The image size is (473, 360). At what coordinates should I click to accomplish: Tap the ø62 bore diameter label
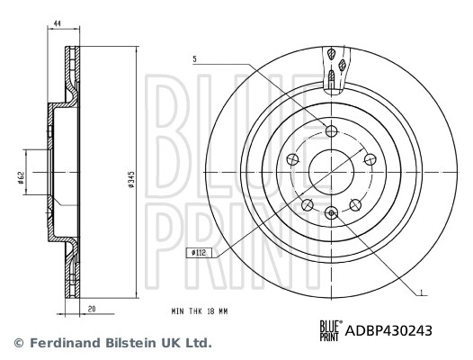20,178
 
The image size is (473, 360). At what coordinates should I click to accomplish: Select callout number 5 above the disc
193,59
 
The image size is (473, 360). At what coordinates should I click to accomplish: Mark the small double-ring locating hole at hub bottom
332,213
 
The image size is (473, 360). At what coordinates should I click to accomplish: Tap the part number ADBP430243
388,330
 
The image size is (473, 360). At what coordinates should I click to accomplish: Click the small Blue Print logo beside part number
330,330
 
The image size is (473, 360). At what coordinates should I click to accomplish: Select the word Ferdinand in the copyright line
63,343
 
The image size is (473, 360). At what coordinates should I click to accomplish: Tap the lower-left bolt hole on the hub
308,205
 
